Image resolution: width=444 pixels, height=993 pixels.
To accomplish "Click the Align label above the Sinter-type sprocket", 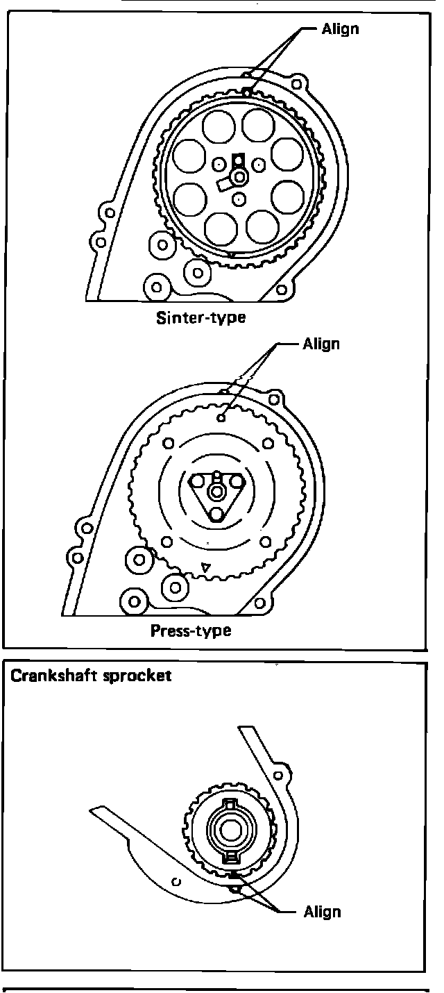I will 341,29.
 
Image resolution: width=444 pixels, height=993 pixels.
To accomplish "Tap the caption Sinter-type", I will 201,319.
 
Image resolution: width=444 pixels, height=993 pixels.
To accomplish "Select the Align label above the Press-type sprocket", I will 322,344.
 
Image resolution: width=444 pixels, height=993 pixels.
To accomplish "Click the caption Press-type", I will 191,631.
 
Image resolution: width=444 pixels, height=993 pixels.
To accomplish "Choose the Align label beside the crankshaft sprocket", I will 323,912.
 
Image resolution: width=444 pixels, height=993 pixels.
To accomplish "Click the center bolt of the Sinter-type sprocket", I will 240,178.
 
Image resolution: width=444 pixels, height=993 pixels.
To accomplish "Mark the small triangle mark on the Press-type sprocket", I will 204,568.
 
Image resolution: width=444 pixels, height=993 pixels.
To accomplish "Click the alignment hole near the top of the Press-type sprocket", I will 221,418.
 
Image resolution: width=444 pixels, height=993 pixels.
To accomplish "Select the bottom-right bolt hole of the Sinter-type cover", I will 282,289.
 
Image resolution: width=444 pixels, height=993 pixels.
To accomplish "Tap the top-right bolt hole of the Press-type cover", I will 275,400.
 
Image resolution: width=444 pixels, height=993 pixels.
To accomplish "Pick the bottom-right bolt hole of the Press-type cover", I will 260,601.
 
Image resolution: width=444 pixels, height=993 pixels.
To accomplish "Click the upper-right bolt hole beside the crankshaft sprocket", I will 279,774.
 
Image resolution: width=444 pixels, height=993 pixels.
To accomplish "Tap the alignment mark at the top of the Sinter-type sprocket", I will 247,91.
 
